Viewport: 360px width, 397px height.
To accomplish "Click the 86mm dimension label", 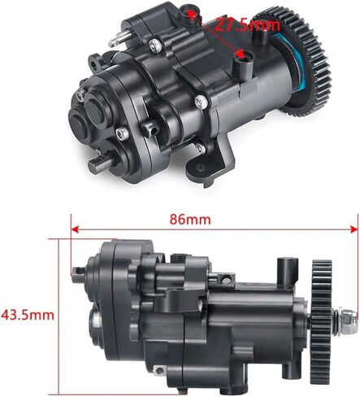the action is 190,220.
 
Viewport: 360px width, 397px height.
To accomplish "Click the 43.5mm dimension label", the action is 28,315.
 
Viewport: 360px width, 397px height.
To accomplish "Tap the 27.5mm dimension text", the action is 247,26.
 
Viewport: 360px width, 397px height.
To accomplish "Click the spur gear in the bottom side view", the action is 322,321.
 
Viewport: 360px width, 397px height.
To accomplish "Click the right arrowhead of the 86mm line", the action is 354,229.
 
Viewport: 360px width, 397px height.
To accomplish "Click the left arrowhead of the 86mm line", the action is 75,229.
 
